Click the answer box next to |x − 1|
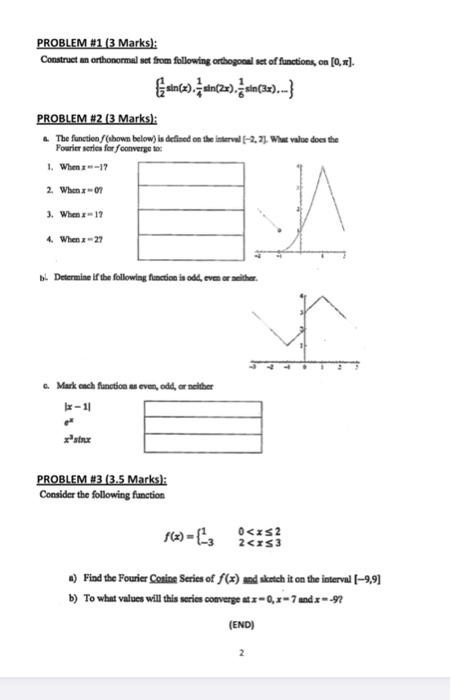[195, 409]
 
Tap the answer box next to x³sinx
[195, 441]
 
